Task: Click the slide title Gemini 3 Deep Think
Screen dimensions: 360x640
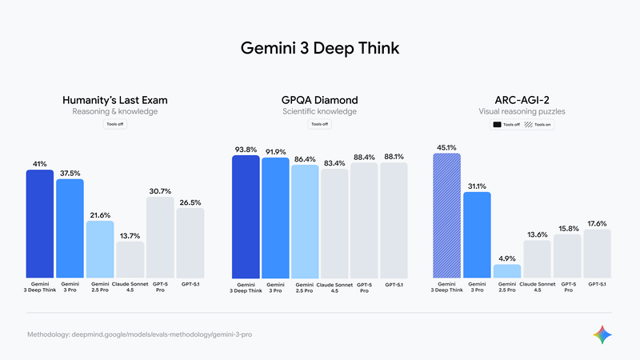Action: tap(320, 48)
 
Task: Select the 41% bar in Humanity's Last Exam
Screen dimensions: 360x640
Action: tap(40, 223)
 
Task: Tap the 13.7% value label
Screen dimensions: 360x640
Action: tap(130, 235)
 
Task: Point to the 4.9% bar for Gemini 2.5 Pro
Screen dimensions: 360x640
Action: tap(506, 271)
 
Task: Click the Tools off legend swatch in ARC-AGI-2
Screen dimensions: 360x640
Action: tap(497, 125)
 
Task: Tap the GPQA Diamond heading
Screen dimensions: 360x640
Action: tap(320, 100)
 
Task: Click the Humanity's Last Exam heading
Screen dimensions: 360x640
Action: tap(119, 100)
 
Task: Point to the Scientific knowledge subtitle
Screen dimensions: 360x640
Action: tap(320, 112)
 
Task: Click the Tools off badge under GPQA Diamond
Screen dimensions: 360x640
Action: tap(320, 125)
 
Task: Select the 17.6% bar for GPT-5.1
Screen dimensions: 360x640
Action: tap(597, 254)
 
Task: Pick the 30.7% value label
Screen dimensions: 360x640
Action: tap(160, 190)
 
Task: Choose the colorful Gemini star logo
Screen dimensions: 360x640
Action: tap(603, 334)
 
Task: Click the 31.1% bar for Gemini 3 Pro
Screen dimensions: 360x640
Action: tap(477, 235)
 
